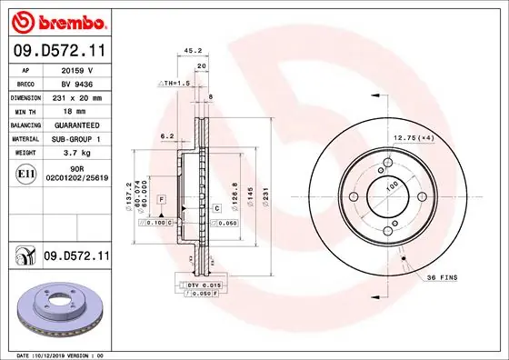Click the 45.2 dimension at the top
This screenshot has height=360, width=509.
point(193,51)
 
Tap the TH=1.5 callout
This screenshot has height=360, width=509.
point(175,83)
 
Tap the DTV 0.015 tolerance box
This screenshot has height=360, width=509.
point(205,285)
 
